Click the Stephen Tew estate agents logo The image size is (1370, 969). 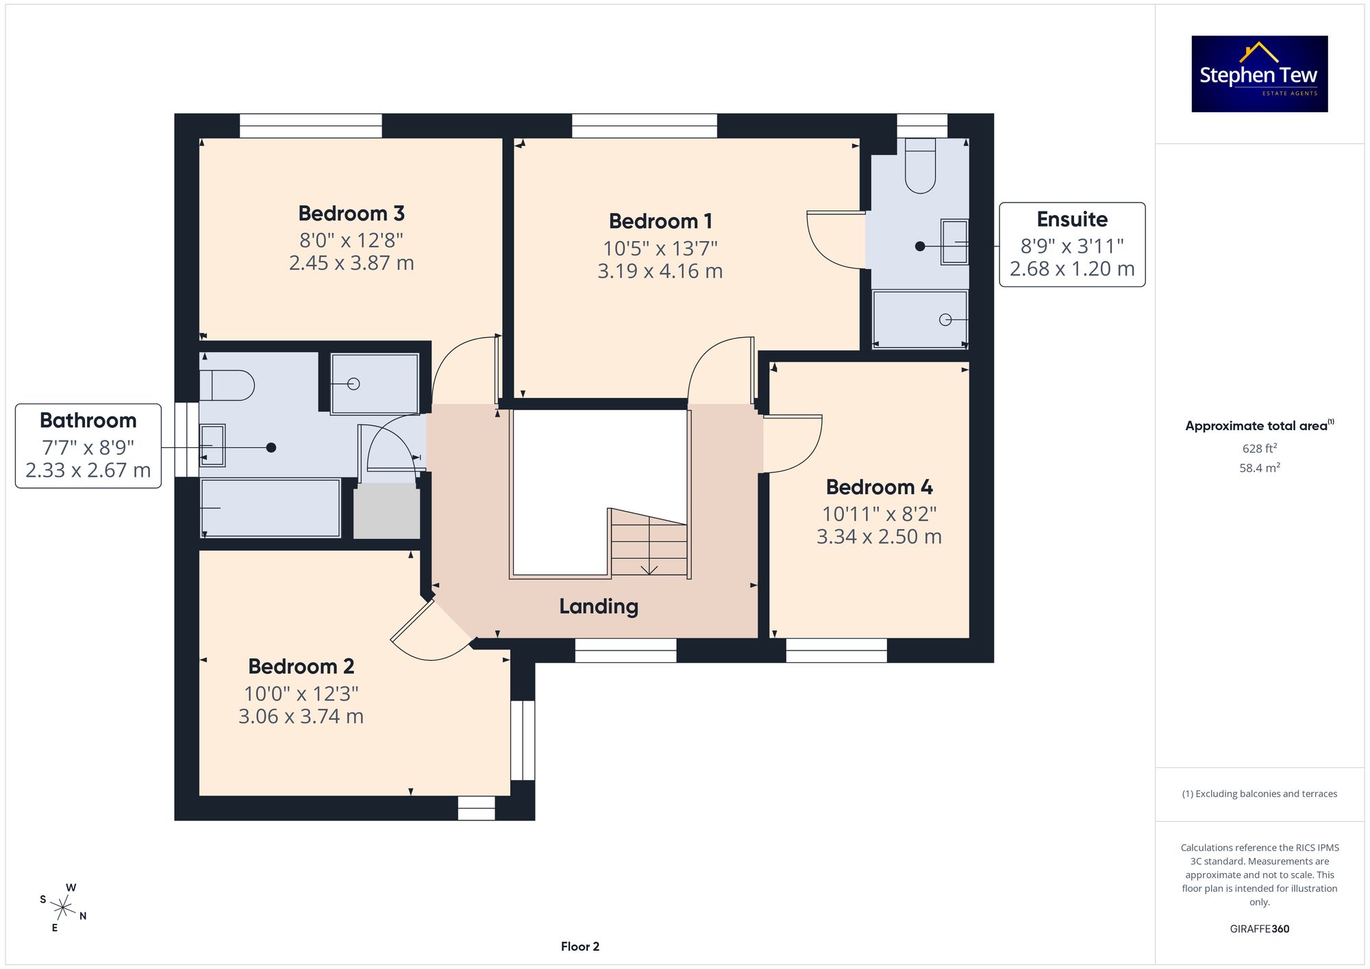(1260, 74)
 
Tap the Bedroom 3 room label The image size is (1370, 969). (351, 214)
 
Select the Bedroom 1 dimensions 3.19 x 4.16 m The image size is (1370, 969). (660, 271)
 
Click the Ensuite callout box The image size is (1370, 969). (1072, 244)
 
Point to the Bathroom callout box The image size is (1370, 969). (88, 446)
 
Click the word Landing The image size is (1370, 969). (599, 607)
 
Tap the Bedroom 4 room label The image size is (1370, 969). (879, 487)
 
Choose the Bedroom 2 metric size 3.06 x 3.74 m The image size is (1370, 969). (301, 716)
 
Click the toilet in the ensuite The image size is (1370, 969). (920, 166)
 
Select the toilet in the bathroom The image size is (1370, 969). (227, 386)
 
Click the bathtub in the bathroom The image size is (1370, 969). (271, 508)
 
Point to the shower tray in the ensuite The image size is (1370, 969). (920, 319)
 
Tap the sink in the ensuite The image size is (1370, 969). (954, 242)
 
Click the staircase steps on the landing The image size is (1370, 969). (648, 542)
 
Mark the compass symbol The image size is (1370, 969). (63, 908)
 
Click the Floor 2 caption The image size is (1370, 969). (580, 946)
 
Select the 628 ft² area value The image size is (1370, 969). (1260, 449)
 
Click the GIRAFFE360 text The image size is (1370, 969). (1260, 929)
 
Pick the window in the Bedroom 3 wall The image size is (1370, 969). (310, 126)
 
